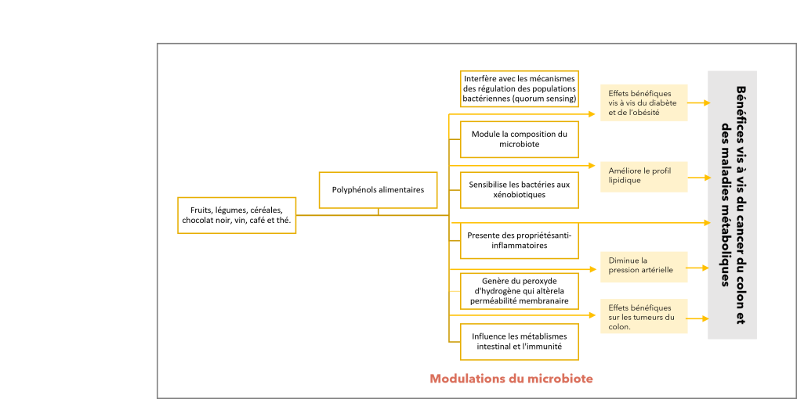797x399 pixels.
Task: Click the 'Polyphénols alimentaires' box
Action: [x=379, y=190]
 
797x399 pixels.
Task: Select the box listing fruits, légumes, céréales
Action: [x=237, y=215]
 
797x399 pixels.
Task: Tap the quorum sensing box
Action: [x=520, y=89]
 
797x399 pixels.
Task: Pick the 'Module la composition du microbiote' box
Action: [x=520, y=139]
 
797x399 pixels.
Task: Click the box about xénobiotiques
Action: [x=520, y=190]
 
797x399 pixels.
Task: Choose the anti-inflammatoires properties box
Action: [x=520, y=241]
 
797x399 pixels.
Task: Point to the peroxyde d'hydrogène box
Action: [x=520, y=291]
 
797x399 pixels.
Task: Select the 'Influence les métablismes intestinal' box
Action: [x=520, y=342]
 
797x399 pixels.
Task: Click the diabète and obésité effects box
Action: [x=643, y=102]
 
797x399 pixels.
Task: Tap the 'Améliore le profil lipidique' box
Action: [x=643, y=177]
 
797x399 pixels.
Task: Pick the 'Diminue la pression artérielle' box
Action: [x=643, y=267]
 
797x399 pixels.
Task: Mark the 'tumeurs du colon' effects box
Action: [x=643, y=316]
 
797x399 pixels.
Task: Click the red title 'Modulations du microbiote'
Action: [x=511, y=379]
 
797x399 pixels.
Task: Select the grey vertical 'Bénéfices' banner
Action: [x=733, y=204]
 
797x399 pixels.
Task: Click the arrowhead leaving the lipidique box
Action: [x=707, y=178]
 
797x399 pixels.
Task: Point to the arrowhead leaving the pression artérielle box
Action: [x=705, y=268]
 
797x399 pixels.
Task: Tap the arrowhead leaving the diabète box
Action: [x=707, y=103]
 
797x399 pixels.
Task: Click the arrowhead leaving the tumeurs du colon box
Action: [x=705, y=318]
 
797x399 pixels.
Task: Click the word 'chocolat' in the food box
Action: [x=197, y=221]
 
